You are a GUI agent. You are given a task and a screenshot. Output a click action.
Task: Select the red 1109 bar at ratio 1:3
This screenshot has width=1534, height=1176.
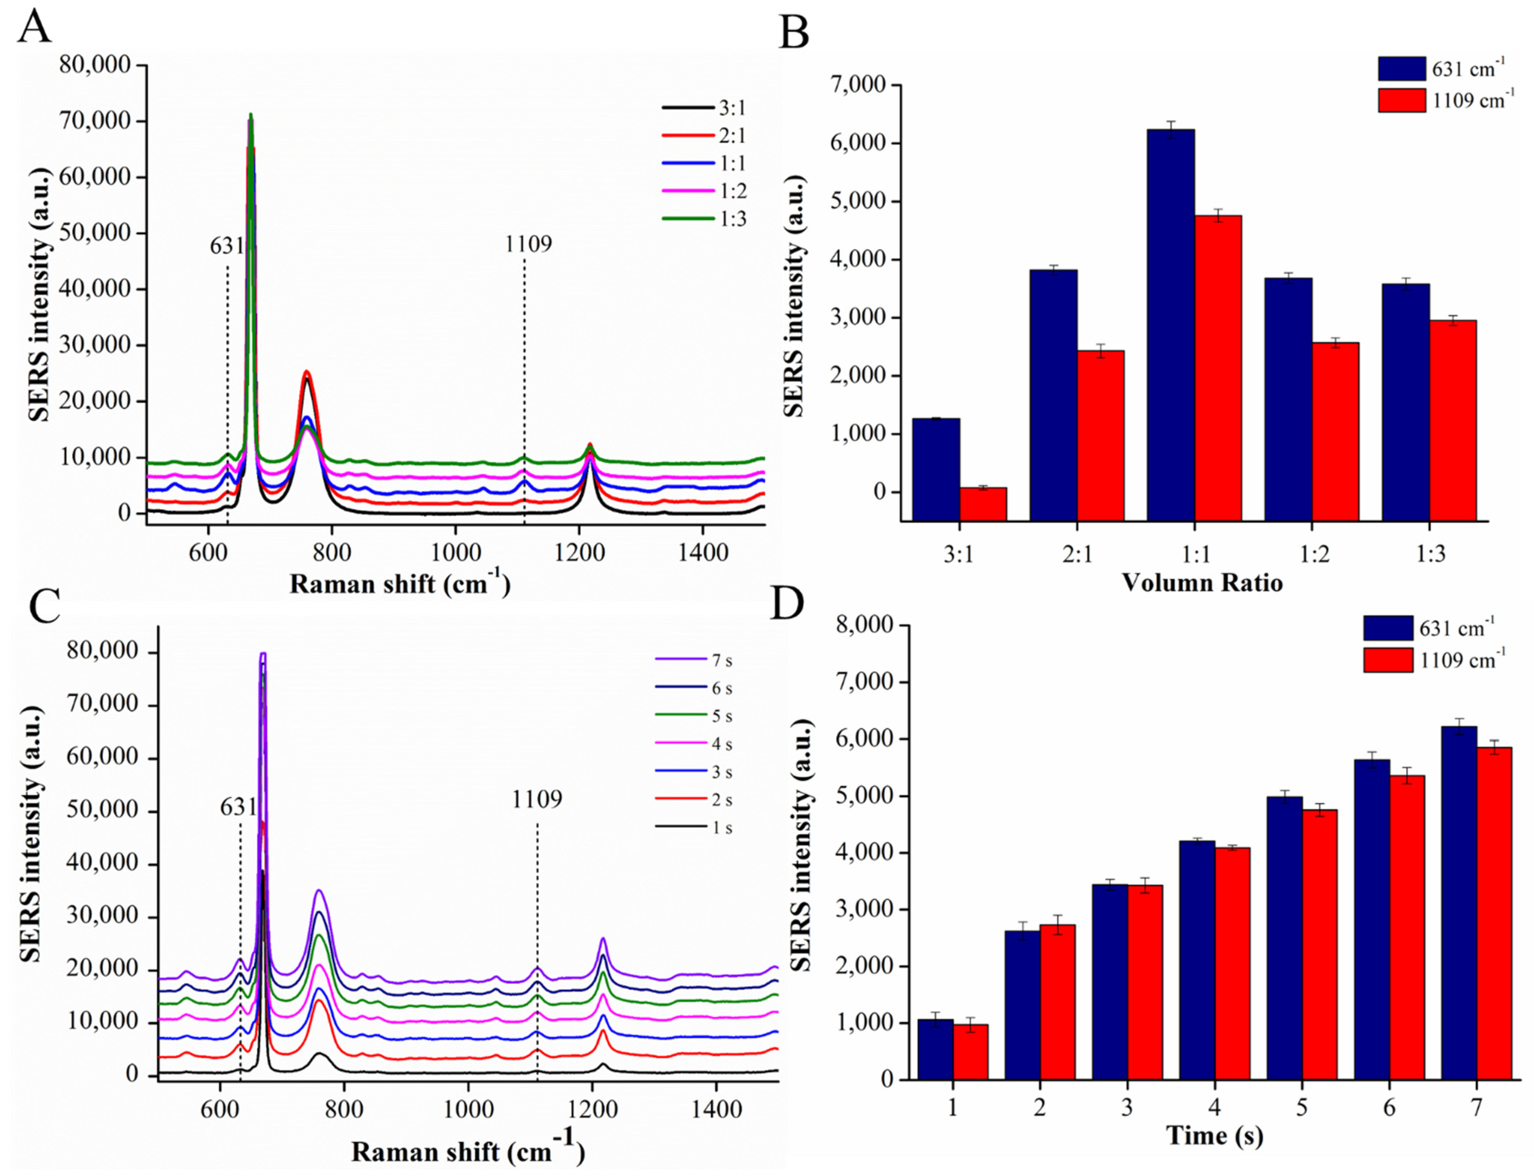tap(1452, 420)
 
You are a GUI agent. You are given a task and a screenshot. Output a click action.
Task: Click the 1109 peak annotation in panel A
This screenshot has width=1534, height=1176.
tap(528, 244)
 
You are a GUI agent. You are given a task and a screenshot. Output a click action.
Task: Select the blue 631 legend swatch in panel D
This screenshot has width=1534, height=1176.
tap(1387, 628)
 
